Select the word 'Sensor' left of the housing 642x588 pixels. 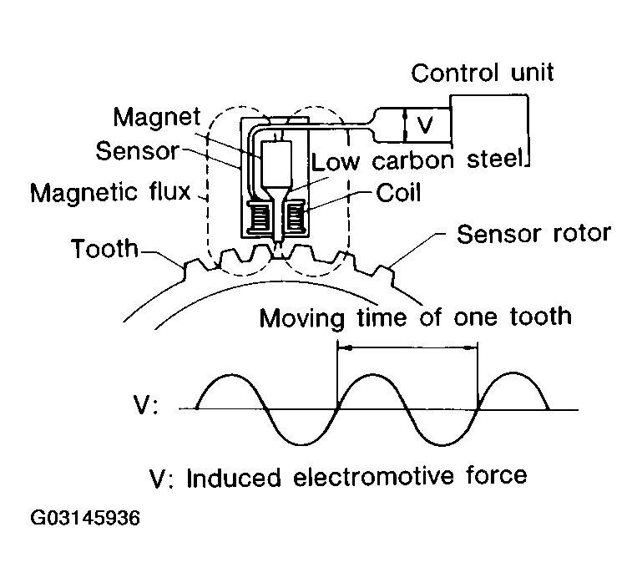[x=137, y=151]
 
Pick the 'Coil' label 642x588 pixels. [x=399, y=193]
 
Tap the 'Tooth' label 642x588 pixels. [x=104, y=249]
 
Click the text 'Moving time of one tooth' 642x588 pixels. [x=415, y=317]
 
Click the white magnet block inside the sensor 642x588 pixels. [x=275, y=163]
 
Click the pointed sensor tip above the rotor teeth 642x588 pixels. [x=278, y=244]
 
